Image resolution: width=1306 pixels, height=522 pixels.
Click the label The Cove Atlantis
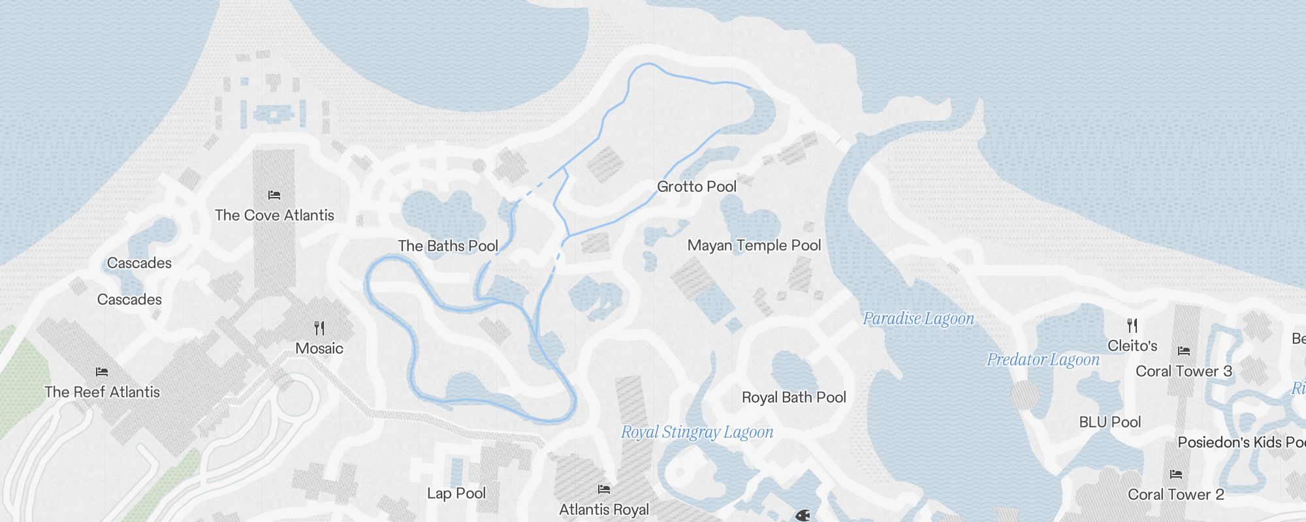coord(274,215)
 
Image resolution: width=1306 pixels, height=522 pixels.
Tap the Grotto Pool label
coord(697,187)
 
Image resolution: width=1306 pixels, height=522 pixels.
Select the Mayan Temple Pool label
coord(754,245)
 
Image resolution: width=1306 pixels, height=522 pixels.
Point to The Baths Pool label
coord(448,246)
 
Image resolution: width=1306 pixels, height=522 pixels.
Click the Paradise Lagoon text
coord(918,318)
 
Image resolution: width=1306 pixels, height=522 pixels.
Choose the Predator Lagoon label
coord(1043,360)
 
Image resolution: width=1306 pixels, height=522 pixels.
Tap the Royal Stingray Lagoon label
coord(697,432)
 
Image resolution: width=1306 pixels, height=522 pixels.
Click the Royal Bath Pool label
coord(794,397)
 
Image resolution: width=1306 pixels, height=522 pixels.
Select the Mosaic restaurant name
coord(319,348)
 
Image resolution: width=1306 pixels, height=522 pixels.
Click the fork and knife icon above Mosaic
coord(319,328)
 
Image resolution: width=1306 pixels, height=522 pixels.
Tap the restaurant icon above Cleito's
coord(1132,325)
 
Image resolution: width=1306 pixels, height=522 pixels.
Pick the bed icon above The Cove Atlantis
coord(274,194)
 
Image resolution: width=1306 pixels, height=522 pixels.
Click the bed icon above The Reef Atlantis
coord(102,372)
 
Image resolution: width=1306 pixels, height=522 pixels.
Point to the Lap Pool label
coord(456,493)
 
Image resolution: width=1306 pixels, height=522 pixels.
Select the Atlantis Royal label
coord(604,510)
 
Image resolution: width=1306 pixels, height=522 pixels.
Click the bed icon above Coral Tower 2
coord(1176,474)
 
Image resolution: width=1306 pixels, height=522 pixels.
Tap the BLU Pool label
coord(1110,422)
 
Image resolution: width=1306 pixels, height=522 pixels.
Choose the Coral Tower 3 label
coord(1184,371)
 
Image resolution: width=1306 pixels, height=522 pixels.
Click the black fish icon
coord(803,515)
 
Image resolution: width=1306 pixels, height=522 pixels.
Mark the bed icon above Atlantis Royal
coord(604,489)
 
